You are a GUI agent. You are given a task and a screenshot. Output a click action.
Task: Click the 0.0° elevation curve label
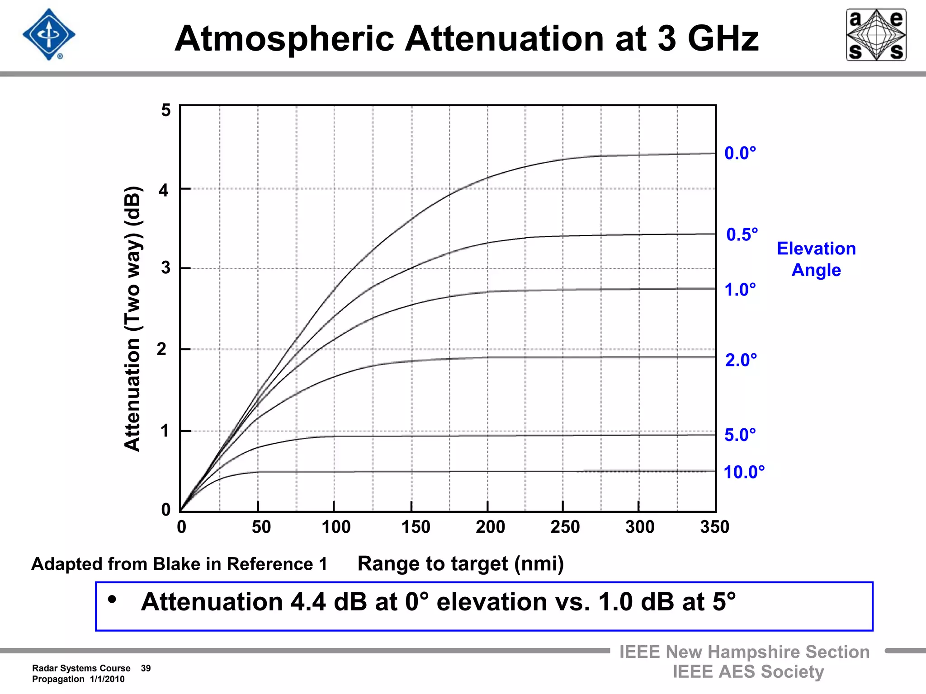pyautogui.click(x=740, y=154)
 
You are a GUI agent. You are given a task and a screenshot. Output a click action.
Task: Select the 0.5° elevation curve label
pyautogui.click(x=742, y=235)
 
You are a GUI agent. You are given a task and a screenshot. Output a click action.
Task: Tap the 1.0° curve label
pyautogui.click(x=740, y=290)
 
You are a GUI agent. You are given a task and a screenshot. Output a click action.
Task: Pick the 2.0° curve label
pyautogui.click(x=741, y=360)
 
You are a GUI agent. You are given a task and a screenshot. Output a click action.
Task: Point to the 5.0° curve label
pyautogui.click(x=740, y=435)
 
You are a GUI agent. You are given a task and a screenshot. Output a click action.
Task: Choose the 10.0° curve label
pyautogui.click(x=744, y=472)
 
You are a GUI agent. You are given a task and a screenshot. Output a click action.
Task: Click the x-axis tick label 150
pyautogui.click(x=416, y=527)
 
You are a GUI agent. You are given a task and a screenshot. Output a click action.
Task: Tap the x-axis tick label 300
pyautogui.click(x=639, y=527)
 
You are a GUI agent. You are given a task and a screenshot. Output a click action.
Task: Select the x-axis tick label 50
pyautogui.click(x=261, y=527)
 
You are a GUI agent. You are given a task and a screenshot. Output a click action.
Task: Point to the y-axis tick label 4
pyautogui.click(x=163, y=190)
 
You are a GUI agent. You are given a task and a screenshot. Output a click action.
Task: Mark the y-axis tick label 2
pyautogui.click(x=161, y=349)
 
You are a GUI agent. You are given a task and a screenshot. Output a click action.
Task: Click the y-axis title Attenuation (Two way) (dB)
pyautogui.click(x=133, y=319)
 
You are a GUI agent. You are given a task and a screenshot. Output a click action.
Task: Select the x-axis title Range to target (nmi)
pyautogui.click(x=460, y=564)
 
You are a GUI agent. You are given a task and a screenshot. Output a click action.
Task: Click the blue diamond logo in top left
pyautogui.click(x=49, y=35)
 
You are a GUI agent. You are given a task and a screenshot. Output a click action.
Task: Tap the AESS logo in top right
pyautogui.click(x=876, y=35)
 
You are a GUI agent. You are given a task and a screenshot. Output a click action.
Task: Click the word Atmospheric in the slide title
pyautogui.click(x=284, y=39)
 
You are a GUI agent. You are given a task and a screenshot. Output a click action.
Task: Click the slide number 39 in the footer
pyautogui.click(x=146, y=668)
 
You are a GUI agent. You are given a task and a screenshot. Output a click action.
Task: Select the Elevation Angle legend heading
pyautogui.click(x=816, y=259)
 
